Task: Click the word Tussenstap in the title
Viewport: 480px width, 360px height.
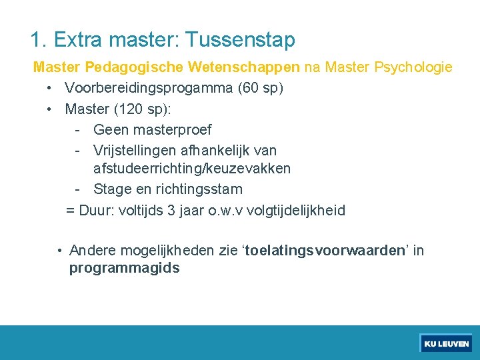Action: (x=240, y=40)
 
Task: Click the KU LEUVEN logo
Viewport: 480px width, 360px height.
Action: (x=446, y=344)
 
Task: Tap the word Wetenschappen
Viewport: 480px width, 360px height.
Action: (x=244, y=67)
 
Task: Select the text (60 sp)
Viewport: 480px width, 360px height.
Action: (x=262, y=88)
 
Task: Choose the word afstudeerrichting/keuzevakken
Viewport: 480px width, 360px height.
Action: (x=192, y=169)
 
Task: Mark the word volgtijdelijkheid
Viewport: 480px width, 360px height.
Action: (x=296, y=211)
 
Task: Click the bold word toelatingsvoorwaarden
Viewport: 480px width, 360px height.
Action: (x=326, y=251)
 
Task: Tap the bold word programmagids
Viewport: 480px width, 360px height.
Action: (x=124, y=269)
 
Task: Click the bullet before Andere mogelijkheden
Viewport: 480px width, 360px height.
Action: (x=60, y=251)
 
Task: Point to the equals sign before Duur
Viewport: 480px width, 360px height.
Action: (x=70, y=211)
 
